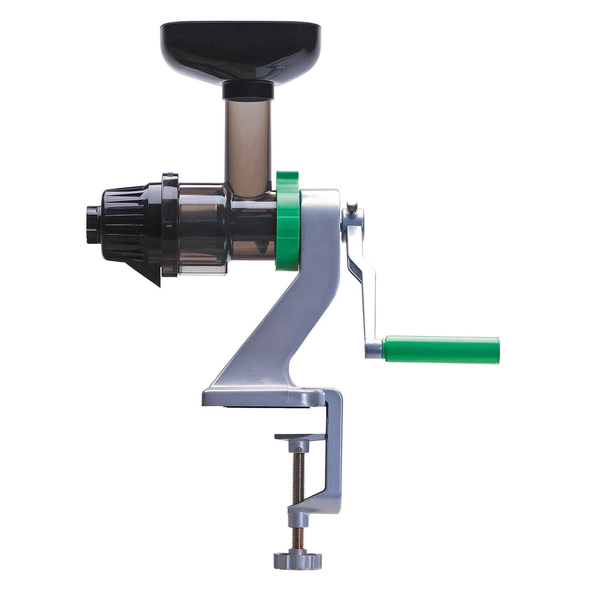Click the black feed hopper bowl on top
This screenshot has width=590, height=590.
coord(241,49)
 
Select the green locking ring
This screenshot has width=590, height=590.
coord(288,221)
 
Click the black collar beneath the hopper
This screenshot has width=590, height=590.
coord(248,90)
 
